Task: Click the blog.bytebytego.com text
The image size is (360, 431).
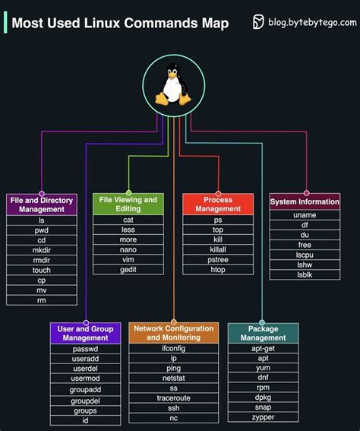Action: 311,23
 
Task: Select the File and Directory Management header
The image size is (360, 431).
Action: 42,204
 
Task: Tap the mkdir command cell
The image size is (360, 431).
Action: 42,249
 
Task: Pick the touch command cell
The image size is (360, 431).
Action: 42,270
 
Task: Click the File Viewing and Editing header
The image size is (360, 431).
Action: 128,204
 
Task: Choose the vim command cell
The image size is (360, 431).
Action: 128,259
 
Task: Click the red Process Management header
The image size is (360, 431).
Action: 218,204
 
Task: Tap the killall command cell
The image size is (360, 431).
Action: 218,249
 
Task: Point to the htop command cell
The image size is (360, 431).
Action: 218,270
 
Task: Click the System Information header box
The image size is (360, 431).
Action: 305,201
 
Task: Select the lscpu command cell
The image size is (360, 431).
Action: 305,255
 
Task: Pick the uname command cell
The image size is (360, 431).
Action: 305,215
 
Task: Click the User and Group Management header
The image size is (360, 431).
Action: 86,333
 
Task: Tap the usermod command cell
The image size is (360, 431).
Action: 86,379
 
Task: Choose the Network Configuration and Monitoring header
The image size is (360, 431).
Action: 173,333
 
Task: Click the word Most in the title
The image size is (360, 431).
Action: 29,24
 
